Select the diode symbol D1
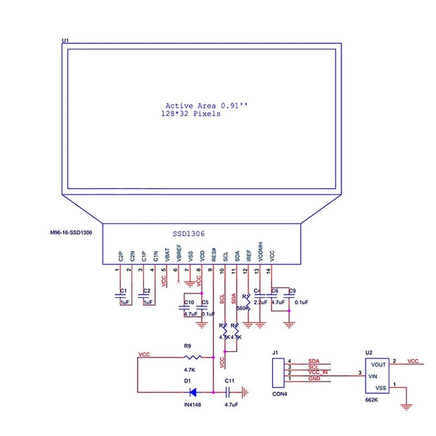coord(191,391)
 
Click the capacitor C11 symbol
coord(229,391)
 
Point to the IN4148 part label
coord(192,405)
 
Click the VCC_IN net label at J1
coord(318,372)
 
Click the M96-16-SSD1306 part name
coord(71,233)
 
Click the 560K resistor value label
coord(243,308)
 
